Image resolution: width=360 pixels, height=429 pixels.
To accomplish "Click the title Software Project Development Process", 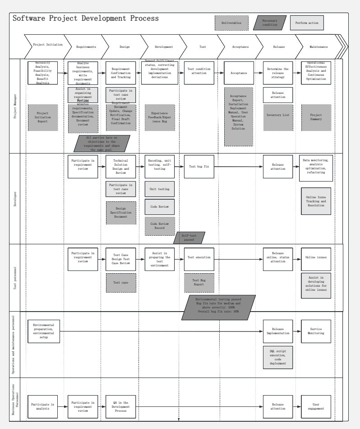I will (86, 19).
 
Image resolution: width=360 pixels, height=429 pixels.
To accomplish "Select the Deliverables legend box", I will (231, 23).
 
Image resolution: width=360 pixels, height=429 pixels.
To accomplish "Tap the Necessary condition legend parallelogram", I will (270, 23).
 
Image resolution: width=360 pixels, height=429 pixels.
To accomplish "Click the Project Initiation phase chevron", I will (45, 45).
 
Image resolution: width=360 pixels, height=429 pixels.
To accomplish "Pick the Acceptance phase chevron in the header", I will (240, 47).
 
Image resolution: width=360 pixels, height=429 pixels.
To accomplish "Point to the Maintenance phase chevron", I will (318, 47).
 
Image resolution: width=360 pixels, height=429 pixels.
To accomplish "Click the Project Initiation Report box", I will (43, 117).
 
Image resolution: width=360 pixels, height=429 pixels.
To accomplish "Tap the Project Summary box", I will (316, 117).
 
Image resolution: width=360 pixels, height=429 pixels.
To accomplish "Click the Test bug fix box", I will (198, 166).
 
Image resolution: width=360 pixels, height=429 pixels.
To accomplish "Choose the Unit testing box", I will (159, 190).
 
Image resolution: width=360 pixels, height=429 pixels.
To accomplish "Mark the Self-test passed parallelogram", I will (189, 238).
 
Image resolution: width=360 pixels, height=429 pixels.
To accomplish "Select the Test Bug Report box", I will (198, 283).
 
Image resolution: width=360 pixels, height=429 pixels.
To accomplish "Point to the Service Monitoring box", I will (316, 331).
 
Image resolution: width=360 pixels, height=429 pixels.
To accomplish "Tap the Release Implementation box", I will (277, 331).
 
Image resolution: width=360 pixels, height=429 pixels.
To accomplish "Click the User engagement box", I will (316, 406).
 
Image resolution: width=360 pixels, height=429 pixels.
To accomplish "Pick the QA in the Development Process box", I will (120, 406).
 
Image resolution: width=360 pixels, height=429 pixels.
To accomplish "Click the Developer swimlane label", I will (15, 199).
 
